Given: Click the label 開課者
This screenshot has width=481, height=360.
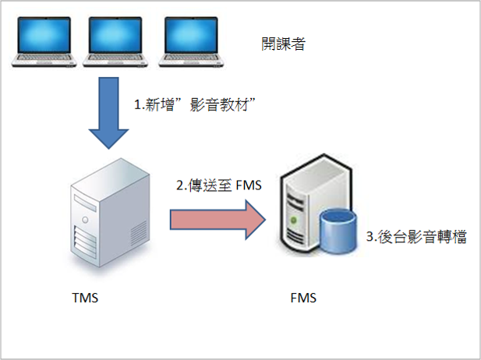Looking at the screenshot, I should pos(282,44).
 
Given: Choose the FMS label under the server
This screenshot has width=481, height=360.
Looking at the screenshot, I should pos(304,298).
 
